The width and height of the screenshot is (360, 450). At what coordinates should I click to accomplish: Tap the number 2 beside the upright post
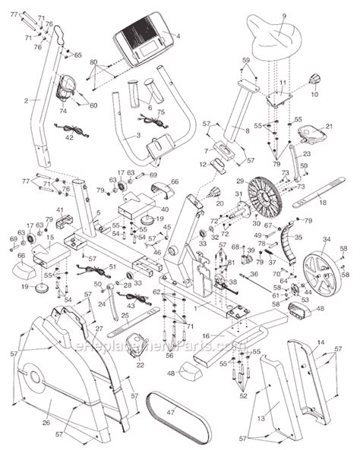tap(26, 99)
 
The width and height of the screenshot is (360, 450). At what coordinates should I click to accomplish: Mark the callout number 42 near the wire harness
tap(68, 138)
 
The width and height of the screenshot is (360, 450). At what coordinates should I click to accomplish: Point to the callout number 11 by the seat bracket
tap(282, 82)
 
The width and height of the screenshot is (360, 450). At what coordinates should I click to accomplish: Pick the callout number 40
tap(164, 209)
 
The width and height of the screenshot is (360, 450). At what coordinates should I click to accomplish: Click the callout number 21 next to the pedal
tap(329, 127)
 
